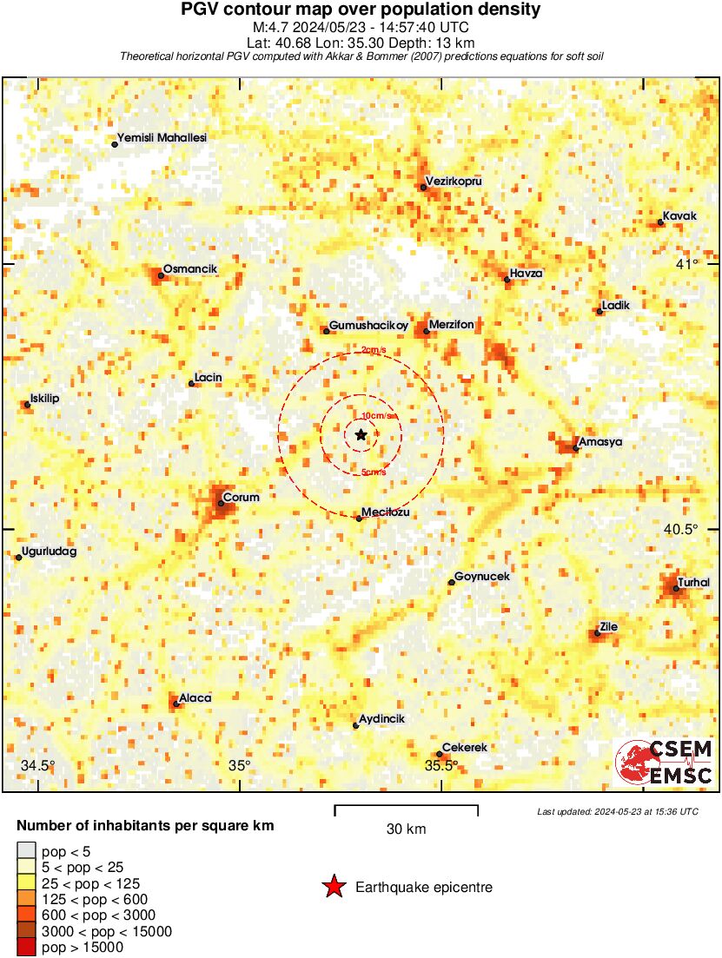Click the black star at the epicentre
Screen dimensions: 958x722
coord(361,434)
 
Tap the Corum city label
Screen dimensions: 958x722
coord(242,498)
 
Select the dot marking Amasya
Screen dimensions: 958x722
coord(575,449)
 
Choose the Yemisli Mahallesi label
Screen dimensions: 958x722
coord(163,137)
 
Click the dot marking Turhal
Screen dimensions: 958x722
coord(676,589)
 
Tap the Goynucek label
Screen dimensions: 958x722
coord(482,577)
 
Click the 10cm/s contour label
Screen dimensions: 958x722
coord(379,416)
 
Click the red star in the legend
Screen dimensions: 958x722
coord(333,887)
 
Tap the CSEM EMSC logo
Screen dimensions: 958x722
coord(665,763)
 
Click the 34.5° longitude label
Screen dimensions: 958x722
coord(38,765)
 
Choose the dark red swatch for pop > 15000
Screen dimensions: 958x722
coord(26,948)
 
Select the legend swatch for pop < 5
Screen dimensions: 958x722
coord(26,850)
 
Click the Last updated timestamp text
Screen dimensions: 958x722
coord(617,811)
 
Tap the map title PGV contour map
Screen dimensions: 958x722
coord(361,10)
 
